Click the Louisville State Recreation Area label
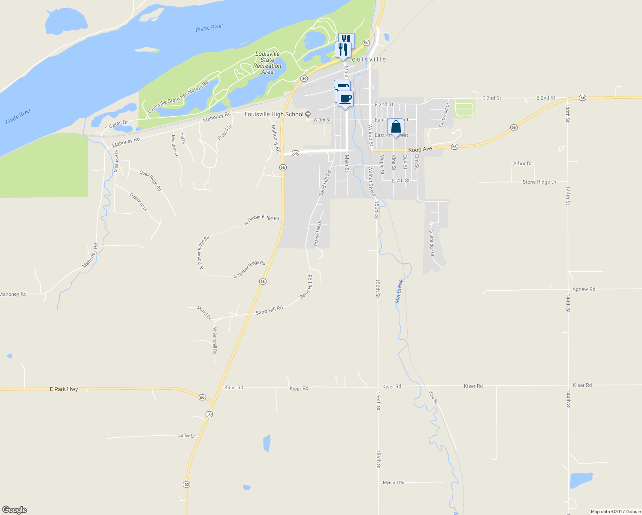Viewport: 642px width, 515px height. tap(267, 63)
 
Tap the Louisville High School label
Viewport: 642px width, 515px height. tap(274, 114)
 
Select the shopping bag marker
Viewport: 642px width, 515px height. tap(396, 127)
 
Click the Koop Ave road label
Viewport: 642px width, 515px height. tap(420, 149)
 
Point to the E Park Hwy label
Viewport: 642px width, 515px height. tap(64, 389)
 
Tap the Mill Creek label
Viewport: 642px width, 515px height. tap(400, 291)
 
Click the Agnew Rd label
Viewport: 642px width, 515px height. tap(584, 289)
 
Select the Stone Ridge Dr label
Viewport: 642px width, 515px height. tap(539, 182)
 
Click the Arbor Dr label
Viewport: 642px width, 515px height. tap(522, 164)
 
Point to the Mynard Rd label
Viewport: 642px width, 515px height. tap(393, 483)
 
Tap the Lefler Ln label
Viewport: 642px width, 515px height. tap(187, 436)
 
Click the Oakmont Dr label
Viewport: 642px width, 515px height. tap(139, 202)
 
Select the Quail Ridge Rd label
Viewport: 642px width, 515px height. tap(151, 180)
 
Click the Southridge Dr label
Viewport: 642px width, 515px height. tap(432, 242)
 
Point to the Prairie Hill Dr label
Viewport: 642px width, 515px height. tap(318, 233)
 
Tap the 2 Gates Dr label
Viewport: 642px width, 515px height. tap(116, 125)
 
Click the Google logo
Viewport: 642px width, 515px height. tap(14, 510)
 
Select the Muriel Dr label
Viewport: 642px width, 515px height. tap(204, 312)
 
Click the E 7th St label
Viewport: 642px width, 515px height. tap(401, 181)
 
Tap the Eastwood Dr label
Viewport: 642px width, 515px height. tap(444, 115)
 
